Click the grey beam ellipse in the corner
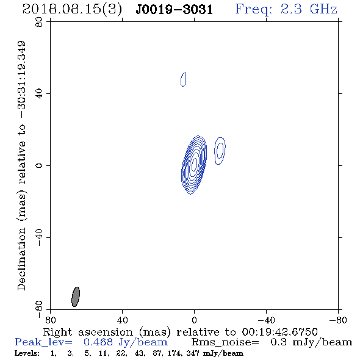click(x=76, y=297)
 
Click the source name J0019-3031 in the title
click(x=175, y=10)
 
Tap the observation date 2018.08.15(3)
click(x=72, y=10)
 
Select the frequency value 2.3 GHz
click(x=309, y=9)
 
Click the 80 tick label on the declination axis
click(x=39, y=22)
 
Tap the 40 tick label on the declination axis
click(x=39, y=94)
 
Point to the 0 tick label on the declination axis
click(x=39, y=165)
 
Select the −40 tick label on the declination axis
click(x=39, y=237)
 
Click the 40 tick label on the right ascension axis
click(x=122, y=320)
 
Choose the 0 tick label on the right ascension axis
click(x=194, y=320)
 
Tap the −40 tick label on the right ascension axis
click(x=266, y=320)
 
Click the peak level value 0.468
click(x=98, y=342)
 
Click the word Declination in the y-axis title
click(x=21, y=259)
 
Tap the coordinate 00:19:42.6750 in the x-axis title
click(x=279, y=332)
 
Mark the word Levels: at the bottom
click(x=27, y=353)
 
